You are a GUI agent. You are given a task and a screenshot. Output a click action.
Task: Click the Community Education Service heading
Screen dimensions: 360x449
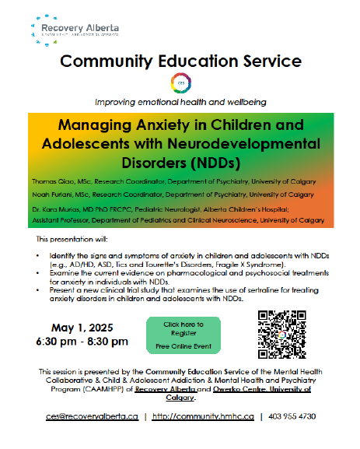181,60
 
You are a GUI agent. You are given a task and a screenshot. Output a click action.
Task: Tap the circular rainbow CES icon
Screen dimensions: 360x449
181,83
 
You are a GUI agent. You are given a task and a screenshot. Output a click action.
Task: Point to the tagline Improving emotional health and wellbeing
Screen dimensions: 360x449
181,102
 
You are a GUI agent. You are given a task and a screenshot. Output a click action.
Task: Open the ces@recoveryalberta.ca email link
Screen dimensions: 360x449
92,417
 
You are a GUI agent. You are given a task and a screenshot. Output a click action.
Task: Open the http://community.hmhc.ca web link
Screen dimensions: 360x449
203,417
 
